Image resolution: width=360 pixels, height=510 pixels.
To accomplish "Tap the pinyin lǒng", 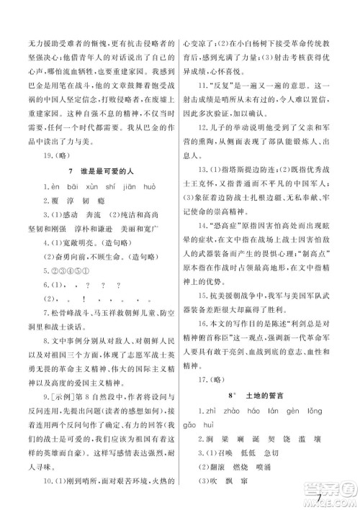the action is pyautogui.click(x=315, y=410).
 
